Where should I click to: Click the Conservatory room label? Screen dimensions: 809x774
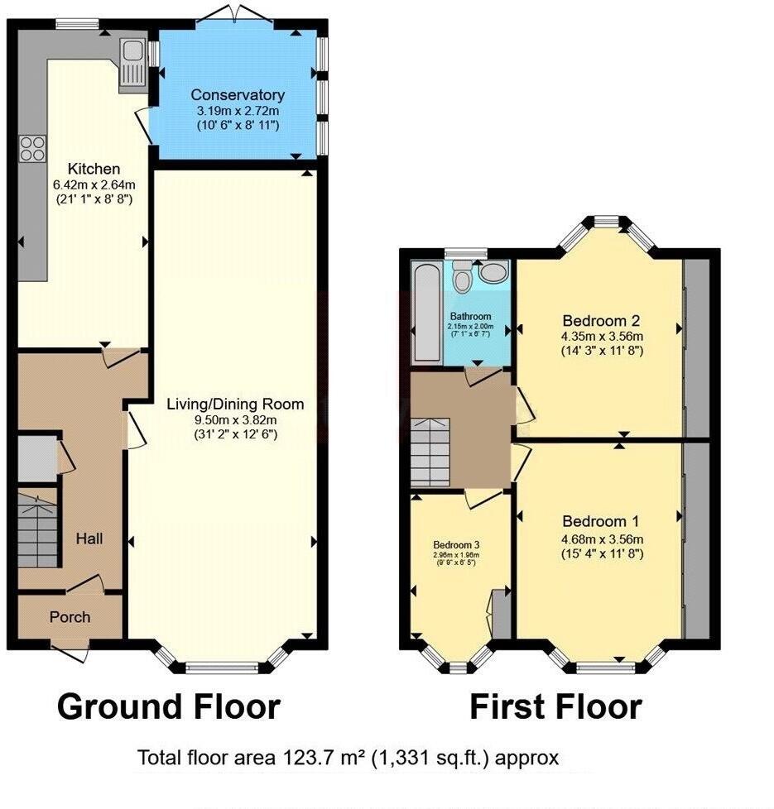[x=237, y=95]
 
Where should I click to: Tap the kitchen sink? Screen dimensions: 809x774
[x=132, y=63]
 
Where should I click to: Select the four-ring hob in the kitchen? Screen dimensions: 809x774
[x=32, y=149]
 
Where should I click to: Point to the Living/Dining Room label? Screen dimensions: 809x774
[x=235, y=404]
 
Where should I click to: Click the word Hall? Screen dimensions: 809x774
[x=89, y=539]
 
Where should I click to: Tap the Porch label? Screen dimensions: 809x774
[x=70, y=617]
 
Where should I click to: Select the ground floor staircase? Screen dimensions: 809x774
[x=37, y=528]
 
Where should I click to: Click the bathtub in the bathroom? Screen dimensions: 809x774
[x=426, y=312]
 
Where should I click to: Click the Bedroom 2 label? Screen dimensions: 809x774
[x=601, y=320]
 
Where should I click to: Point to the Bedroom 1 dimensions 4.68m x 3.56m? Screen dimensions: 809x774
[x=601, y=538]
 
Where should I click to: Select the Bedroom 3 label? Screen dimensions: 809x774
[x=457, y=545]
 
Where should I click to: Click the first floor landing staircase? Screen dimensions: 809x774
[x=430, y=453]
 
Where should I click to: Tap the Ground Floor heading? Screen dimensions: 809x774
[x=169, y=707]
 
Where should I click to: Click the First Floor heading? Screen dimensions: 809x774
[x=555, y=707]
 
